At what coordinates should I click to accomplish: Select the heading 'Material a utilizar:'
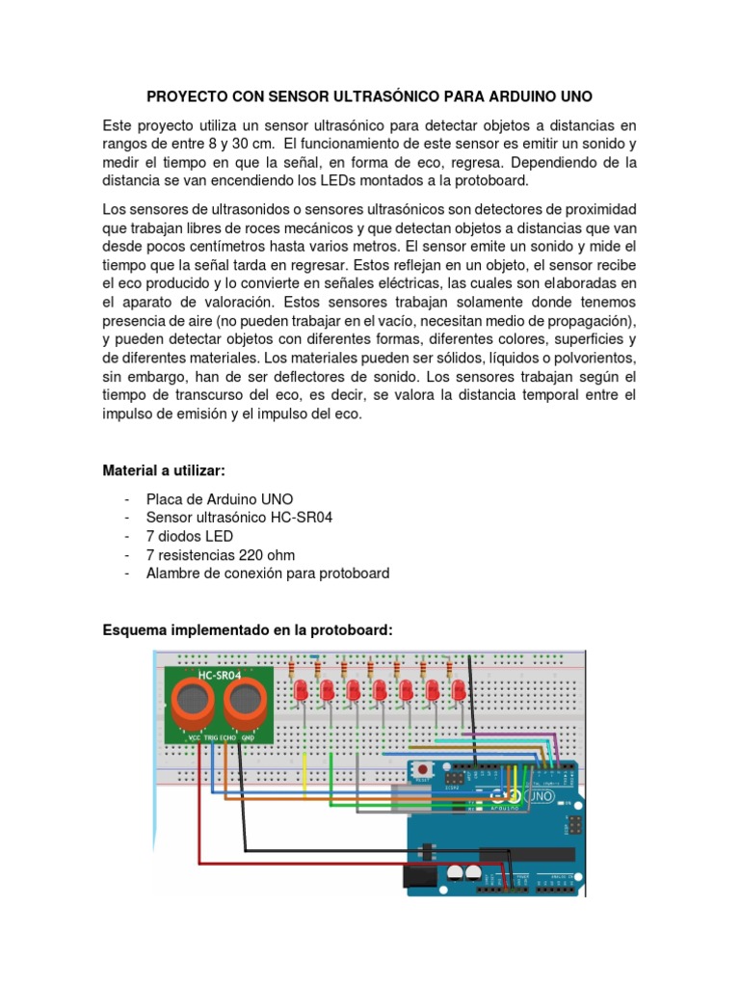[x=164, y=470]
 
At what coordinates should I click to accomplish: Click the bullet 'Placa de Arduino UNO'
[x=219, y=499]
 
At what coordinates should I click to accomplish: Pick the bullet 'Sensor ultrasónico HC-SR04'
[x=241, y=518]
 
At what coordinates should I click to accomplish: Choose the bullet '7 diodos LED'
[x=189, y=536]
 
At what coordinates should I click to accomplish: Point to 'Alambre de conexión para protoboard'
[x=267, y=573]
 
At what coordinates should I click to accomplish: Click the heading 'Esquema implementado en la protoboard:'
[x=248, y=629]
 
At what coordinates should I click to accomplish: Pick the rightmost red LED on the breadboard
[x=459, y=691]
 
